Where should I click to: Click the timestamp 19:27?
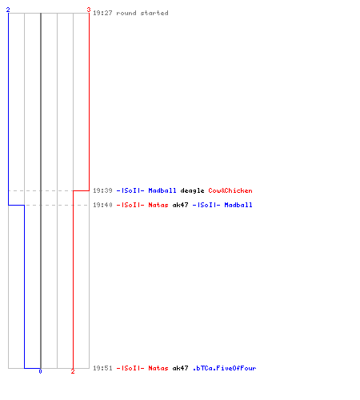[x=102, y=13]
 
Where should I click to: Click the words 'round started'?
[x=142, y=13]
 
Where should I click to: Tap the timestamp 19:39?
[x=102, y=190]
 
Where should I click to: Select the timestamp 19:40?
[x=102, y=205]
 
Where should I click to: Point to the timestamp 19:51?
[x=102, y=368]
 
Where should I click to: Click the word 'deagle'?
[x=192, y=191]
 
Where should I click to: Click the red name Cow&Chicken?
[x=230, y=190]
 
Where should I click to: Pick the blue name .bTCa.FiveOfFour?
[x=224, y=368]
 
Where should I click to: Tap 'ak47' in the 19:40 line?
[x=180, y=205]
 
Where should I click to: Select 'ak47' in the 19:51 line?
[x=180, y=368]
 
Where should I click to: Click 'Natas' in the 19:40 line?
[x=158, y=205]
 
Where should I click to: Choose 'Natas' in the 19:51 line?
[x=158, y=368]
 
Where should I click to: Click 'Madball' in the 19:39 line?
[x=162, y=190]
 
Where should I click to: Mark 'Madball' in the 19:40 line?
[x=238, y=205]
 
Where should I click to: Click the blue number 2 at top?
[x=8, y=10]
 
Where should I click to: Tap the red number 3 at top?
[x=89, y=10]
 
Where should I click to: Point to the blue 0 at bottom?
[x=40, y=371]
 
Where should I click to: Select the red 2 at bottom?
[x=73, y=371]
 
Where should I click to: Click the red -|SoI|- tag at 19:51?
[x=130, y=368]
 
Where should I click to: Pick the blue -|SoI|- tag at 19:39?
[x=130, y=190]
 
